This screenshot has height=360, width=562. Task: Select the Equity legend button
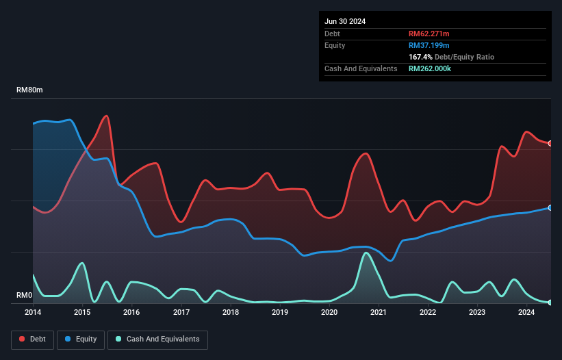(x=81, y=339)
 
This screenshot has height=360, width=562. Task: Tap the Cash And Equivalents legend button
(x=157, y=339)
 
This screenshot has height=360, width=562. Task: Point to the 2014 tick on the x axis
(x=33, y=312)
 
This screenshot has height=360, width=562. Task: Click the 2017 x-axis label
(x=181, y=312)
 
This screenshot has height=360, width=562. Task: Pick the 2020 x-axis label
(x=329, y=312)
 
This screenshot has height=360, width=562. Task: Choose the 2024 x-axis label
(x=526, y=312)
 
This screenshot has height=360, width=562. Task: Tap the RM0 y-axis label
(x=25, y=296)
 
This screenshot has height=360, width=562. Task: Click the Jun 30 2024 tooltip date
(x=345, y=21)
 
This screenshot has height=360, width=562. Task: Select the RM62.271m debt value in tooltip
(x=429, y=34)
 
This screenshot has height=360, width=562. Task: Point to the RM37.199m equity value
(x=429, y=45)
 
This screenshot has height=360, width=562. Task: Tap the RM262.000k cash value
(x=430, y=68)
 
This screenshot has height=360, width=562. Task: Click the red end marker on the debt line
(x=550, y=143)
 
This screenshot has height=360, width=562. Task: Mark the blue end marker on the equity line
(x=550, y=207)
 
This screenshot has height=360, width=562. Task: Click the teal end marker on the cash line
(x=550, y=302)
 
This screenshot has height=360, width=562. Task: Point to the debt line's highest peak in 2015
(x=106, y=116)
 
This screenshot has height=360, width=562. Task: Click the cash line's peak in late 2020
(x=366, y=253)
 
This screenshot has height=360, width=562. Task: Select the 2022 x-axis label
(x=428, y=312)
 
